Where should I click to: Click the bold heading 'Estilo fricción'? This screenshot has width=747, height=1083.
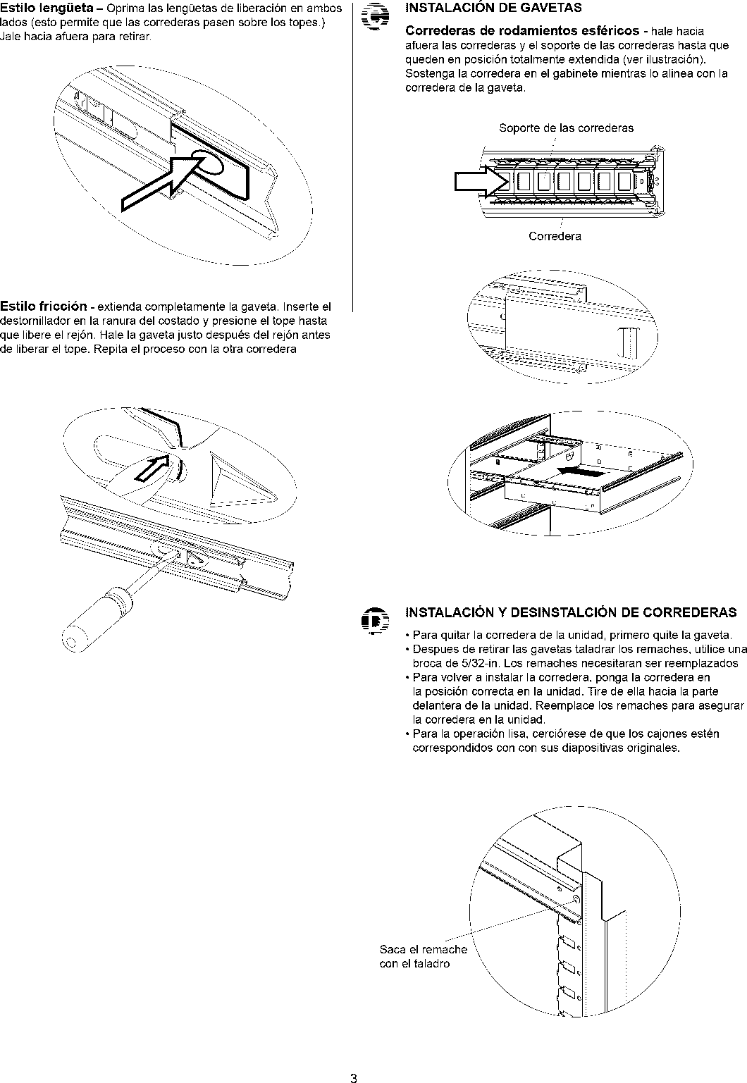44,307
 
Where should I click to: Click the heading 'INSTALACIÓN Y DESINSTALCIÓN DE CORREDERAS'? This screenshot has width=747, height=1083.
571,612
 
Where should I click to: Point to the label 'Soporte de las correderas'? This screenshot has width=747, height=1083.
566,128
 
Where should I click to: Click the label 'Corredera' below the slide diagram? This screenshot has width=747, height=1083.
555,237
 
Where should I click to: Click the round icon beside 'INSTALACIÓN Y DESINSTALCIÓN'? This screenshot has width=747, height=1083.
371,620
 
